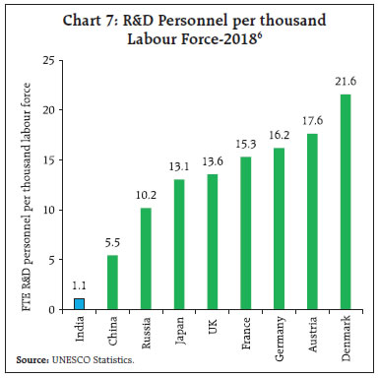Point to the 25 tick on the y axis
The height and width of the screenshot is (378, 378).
point(47,61)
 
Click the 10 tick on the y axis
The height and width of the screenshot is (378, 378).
point(47,210)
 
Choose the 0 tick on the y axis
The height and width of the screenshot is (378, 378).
point(50,309)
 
